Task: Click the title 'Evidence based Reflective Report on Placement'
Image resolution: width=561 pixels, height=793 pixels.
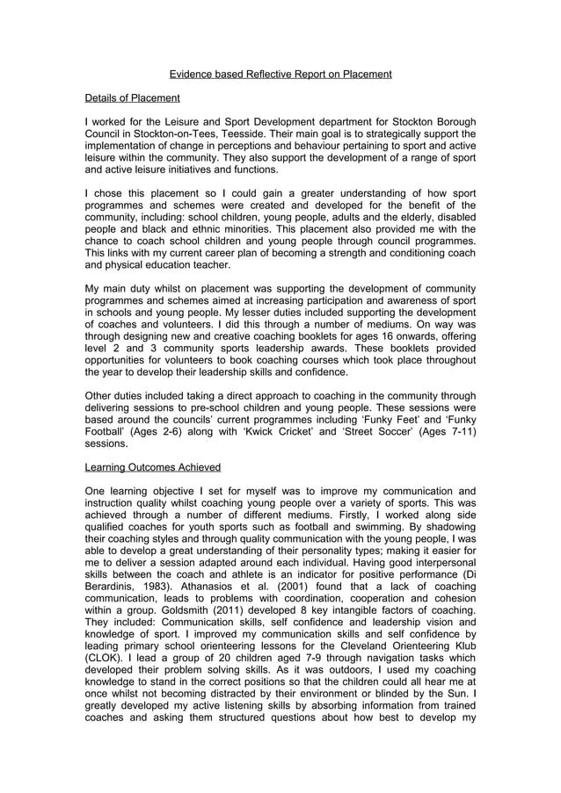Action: click(280, 74)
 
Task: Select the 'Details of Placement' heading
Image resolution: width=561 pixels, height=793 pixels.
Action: click(132, 97)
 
